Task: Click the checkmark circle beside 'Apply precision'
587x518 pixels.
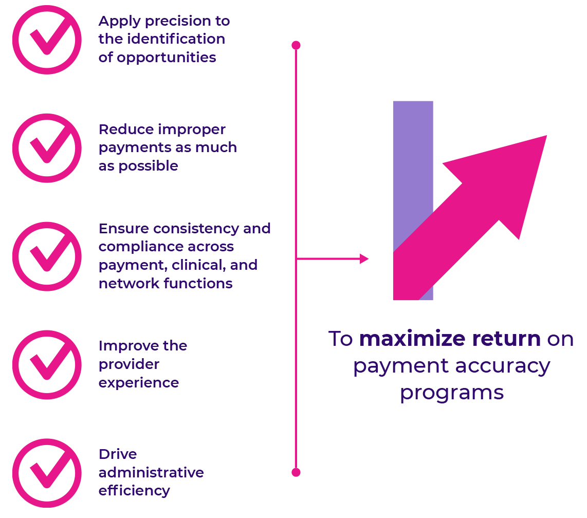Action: pyautogui.click(x=47, y=40)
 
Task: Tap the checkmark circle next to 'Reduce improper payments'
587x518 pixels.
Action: pyautogui.click(x=47, y=148)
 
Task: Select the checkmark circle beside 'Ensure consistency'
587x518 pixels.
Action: pyautogui.click(x=47, y=256)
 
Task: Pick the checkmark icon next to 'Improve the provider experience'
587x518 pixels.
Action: pyautogui.click(x=47, y=364)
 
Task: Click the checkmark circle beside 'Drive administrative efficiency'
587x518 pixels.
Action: pyautogui.click(x=47, y=473)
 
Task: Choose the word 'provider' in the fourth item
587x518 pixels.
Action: pyautogui.click(x=129, y=364)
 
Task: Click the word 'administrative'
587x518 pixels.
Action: pyautogui.click(x=151, y=473)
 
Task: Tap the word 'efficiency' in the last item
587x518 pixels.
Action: pyautogui.click(x=134, y=491)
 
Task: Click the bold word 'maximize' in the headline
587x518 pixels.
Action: pyautogui.click(x=407, y=340)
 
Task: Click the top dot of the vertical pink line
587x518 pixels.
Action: pyautogui.click(x=296, y=45)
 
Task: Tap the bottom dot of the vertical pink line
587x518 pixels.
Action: pyautogui.click(x=296, y=472)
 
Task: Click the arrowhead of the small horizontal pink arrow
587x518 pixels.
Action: pyautogui.click(x=364, y=258)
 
